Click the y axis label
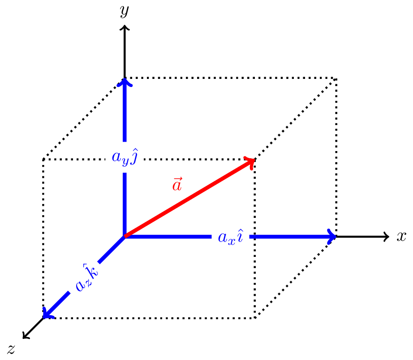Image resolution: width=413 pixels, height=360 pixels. point(125,11)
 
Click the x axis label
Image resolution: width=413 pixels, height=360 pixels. point(401,236)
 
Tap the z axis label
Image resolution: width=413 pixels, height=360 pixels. point(11,349)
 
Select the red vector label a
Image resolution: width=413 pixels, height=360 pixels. point(177,184)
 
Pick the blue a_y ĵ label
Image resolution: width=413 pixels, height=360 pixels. point(124,157)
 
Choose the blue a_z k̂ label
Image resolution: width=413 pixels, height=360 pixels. point(86,278)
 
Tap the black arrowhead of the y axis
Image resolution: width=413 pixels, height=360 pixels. point(125,28)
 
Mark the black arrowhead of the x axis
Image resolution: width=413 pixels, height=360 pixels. point(387,237)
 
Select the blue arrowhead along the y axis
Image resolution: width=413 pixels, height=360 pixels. point(125,82)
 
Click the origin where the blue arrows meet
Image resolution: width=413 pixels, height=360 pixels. point(125,236)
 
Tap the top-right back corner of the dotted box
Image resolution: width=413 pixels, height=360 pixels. point(336,79)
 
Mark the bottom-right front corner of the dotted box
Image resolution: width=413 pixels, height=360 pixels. point(255,318)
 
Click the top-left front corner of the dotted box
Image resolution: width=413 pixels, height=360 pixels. point(43,159)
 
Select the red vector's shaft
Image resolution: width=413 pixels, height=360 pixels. point(188,199)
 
